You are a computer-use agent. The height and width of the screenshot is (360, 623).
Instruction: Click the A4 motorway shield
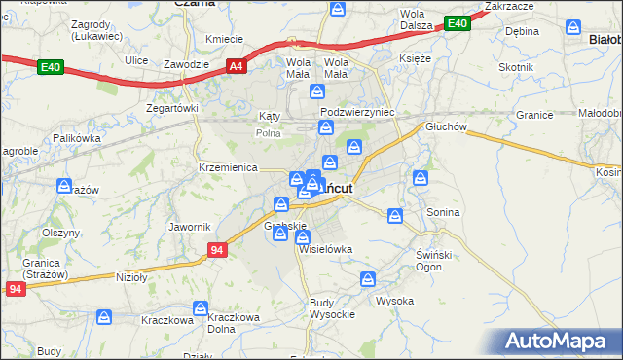tap(235, 66)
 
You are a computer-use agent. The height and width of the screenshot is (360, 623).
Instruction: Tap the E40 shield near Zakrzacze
tap(457, 23)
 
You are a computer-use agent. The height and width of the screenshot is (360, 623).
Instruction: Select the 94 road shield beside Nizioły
tap(217, 250)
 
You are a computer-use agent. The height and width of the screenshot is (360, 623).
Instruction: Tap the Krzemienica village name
tap(226, 167)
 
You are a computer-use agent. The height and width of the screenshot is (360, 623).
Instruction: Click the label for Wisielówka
tap(326, 249)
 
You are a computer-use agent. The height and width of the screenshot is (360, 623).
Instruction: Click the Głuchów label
tap(446, 126)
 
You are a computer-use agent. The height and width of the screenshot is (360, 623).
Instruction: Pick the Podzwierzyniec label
tap(357, 112)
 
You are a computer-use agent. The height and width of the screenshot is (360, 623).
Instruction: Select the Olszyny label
tap(60, 234)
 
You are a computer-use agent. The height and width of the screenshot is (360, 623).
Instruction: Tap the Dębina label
tap(522, 31)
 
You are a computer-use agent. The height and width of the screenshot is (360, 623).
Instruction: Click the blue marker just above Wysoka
tap(368, 279)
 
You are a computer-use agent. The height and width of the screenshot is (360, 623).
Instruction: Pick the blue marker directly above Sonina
tap(421, 178)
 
